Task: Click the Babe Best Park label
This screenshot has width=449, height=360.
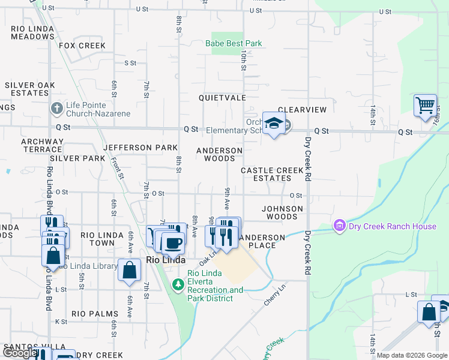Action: point(234,44)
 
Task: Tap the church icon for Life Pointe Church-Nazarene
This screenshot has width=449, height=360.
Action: point(56,108)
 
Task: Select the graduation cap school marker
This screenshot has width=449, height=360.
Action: point(274,123)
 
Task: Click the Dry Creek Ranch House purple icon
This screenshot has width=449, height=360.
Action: point(339,226)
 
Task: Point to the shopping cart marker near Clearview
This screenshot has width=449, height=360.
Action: point(425,105)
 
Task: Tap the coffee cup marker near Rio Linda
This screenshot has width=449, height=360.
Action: point(172,243)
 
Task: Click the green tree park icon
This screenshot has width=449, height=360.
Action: point(178,284)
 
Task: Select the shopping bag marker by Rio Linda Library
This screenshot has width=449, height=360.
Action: point(129,270)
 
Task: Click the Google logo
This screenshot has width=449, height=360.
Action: point(20,353)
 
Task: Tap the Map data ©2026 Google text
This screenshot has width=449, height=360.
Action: point(411,355)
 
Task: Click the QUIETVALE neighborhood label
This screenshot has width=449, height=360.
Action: point(223,97)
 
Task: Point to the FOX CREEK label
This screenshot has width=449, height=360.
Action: point(82,46)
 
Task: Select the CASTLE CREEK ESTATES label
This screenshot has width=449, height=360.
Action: point(273,174)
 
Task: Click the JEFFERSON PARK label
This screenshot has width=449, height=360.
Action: point(140,148)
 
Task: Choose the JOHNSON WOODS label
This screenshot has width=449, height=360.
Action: point(282,212)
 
